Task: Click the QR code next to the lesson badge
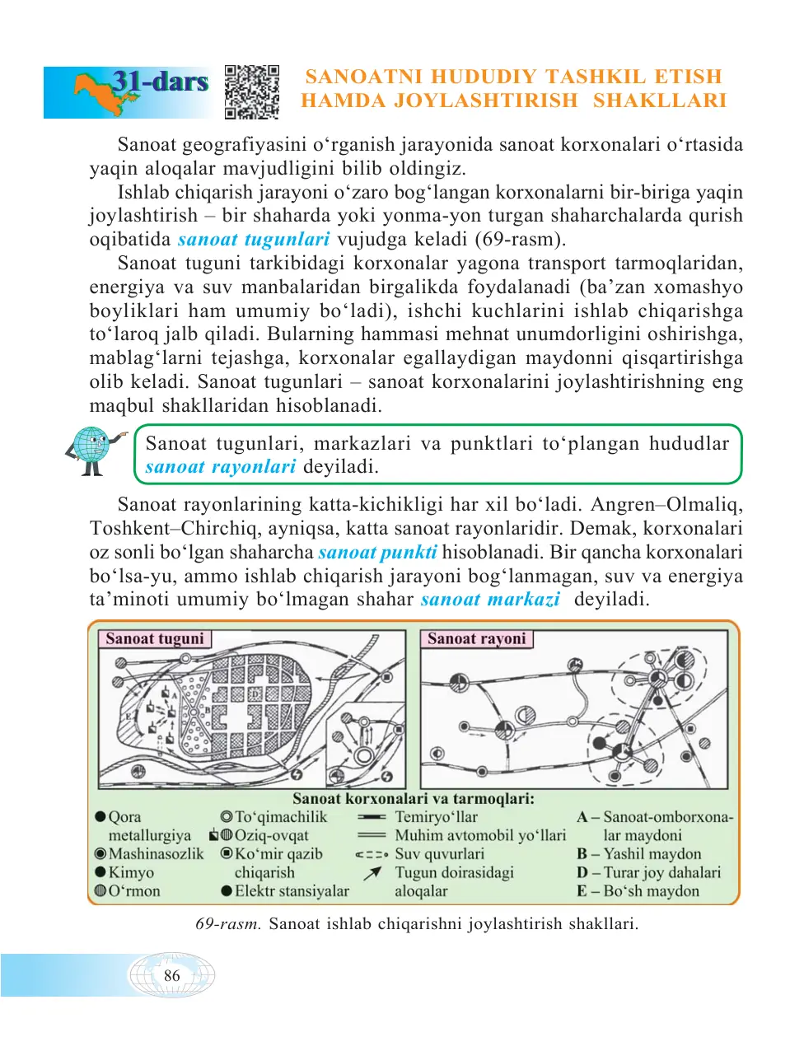(252, 92)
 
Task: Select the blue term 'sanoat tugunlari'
(254, 240)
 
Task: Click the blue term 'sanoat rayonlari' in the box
(220, 467)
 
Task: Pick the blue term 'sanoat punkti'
(377, 552)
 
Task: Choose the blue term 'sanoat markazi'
(490, 600)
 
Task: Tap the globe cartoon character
(93, 449)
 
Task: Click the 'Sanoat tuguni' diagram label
(155, 639)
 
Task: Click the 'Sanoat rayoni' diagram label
(476, 639)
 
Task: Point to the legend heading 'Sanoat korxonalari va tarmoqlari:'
(414, 798)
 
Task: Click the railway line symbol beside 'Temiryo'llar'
(372, 817)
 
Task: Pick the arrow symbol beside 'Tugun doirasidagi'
(372, 873)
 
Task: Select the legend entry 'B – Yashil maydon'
(639, 854)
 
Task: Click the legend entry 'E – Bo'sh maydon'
(638, 891)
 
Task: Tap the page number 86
(171, 976)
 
